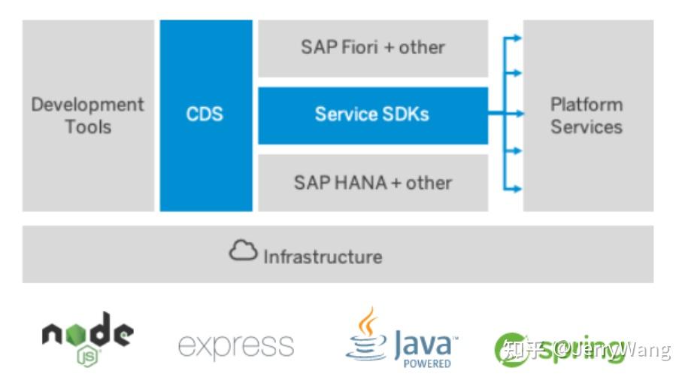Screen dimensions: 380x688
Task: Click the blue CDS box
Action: [205, 115]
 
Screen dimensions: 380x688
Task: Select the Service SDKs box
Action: [372, 115]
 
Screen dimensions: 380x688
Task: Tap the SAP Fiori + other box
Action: [372, 47]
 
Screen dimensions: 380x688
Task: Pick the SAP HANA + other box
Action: [372, 183]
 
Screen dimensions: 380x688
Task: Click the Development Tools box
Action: [87, 115]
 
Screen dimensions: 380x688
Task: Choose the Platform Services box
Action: [587, 115]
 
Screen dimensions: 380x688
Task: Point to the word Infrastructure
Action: [323, 257]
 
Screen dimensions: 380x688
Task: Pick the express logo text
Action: [235, 345]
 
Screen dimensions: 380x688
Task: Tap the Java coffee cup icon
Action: [367, 335]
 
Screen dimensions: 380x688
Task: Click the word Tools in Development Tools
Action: [87, 126]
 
